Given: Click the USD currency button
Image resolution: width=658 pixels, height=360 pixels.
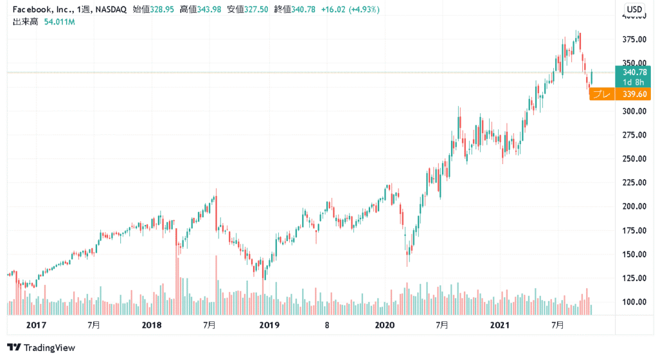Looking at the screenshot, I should (x=635, y=9).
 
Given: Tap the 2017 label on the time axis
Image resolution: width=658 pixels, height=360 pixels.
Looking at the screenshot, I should (x=35, y=325).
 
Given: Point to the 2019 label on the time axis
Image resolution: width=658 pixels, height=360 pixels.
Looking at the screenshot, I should (x=269, y=325).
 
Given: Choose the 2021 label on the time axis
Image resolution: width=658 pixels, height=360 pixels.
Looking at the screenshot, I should (x=501, y=325).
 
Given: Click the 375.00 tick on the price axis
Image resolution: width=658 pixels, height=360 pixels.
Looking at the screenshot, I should (x=635, y=40).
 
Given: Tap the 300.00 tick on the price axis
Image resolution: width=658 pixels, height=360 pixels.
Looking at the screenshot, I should (x=635, y=111).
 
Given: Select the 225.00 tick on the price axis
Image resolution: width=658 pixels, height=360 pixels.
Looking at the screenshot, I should (x=635, y=183).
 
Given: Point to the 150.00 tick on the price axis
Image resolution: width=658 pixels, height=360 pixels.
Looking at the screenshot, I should (x=635, y=254).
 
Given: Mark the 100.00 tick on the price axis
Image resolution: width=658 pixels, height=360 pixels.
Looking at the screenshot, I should (x=635, y=301).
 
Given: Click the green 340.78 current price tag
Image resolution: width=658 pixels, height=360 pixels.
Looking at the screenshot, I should (x=634, y=72).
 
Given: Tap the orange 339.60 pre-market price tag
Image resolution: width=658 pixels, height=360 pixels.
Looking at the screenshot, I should (x=634, y=94).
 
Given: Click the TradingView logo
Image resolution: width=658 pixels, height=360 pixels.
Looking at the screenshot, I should (x=42, y=348).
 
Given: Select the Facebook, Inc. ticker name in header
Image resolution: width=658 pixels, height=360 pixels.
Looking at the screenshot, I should (x=40, y=10).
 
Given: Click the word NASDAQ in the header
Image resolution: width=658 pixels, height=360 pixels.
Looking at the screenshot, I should (x=111, y=10).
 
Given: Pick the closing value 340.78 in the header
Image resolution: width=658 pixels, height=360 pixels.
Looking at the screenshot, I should (x=302, y=10).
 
